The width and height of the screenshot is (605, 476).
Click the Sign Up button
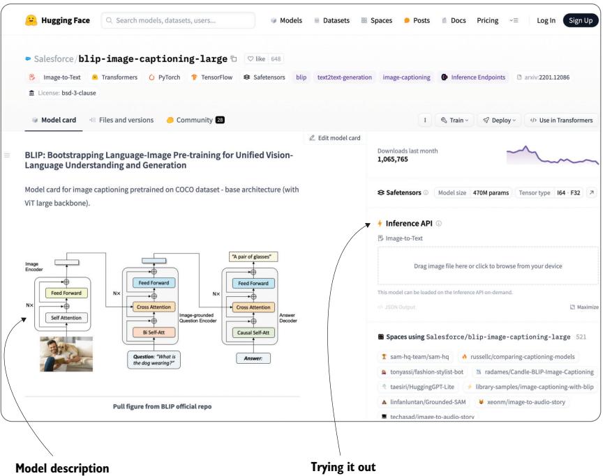pos(581,21)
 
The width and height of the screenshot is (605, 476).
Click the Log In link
pos(546,21)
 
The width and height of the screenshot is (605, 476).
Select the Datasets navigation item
pos(331,21)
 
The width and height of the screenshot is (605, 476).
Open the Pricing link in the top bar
pos(487,21)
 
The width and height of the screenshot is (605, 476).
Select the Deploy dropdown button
pos(497,120)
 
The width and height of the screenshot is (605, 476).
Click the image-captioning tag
pos(405,77)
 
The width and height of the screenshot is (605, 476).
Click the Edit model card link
pos(336,137)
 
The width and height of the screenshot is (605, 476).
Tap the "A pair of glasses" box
pos(250,256)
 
